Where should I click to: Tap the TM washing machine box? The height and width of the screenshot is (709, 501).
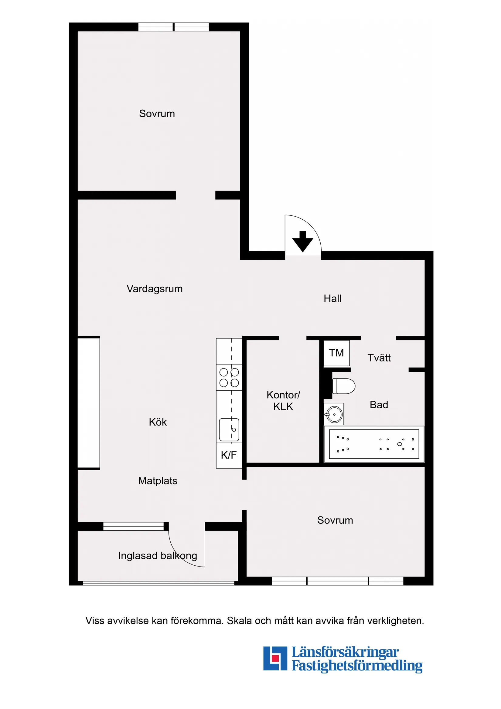click(336, 353)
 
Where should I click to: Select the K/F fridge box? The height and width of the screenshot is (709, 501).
click(229, 455)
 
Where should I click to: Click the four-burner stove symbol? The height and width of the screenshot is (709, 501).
click(229, 377)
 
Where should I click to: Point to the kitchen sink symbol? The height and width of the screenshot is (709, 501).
click(229, 429)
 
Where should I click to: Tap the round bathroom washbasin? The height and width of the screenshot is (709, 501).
click(334, 414)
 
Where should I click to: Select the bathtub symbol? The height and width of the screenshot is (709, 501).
click(374, 444)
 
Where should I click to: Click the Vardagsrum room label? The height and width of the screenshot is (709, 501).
click(154, 289)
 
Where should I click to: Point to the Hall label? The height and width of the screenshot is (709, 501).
click(332, 299)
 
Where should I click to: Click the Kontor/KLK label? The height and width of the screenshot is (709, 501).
click(283, 400)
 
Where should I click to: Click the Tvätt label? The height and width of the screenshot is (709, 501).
click(379, 358)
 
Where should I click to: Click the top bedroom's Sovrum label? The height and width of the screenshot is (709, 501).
click(157, 114)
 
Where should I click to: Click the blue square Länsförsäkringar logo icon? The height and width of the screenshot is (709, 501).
click(275, 658)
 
